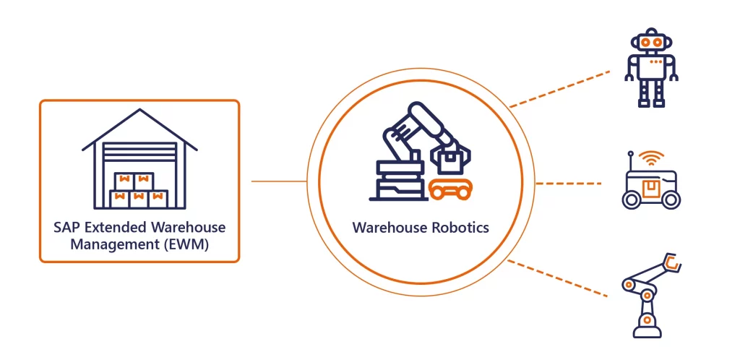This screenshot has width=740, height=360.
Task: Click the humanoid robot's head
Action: pyautogui.click(x=653, y=41)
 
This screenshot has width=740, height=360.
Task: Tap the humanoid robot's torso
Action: pyautogui.click(x=653, y=69)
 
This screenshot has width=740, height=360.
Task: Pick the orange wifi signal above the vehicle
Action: pyautogui.click(x=654, y=158)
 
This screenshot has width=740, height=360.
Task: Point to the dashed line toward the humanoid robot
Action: pyautogui.click(x=559, y=90)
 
